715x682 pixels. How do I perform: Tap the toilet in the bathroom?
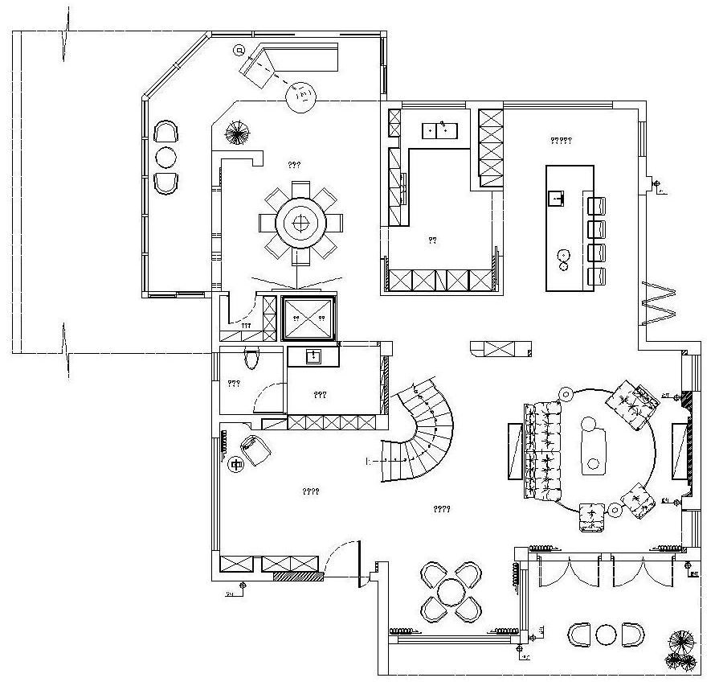pos(252,359)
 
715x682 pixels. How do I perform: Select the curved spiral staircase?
pos(426,431)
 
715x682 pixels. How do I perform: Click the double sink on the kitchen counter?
pos(440,129)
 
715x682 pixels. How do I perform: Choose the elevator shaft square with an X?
pos(309,318)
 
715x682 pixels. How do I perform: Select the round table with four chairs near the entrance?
pos(451,592)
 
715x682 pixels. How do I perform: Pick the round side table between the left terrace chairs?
pos(165,157)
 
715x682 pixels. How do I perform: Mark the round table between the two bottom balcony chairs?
pos(606,635)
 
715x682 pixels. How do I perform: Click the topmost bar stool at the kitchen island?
pos(596,205)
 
